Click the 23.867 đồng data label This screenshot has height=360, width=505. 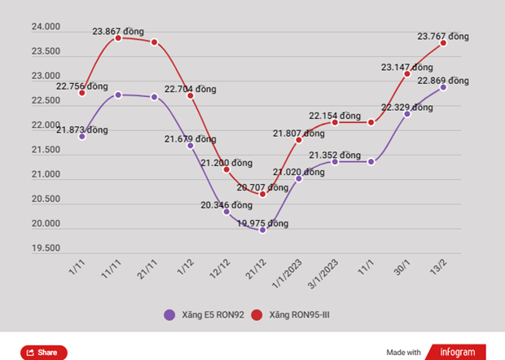[118, 32]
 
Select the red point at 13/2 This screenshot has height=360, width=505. [444, 43]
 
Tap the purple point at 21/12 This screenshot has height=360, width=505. [262, 230]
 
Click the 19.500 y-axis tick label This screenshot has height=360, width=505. [46, 248]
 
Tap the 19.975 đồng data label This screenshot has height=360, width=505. [263, 223]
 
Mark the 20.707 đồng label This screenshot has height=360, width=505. [263, 187]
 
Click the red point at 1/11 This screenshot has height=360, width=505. [82, 93]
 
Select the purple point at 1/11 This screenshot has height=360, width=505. [82, 136]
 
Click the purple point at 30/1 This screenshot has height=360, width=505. [407, 113]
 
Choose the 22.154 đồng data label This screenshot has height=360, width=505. [335, 116]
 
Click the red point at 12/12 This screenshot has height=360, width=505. [226, 169]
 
